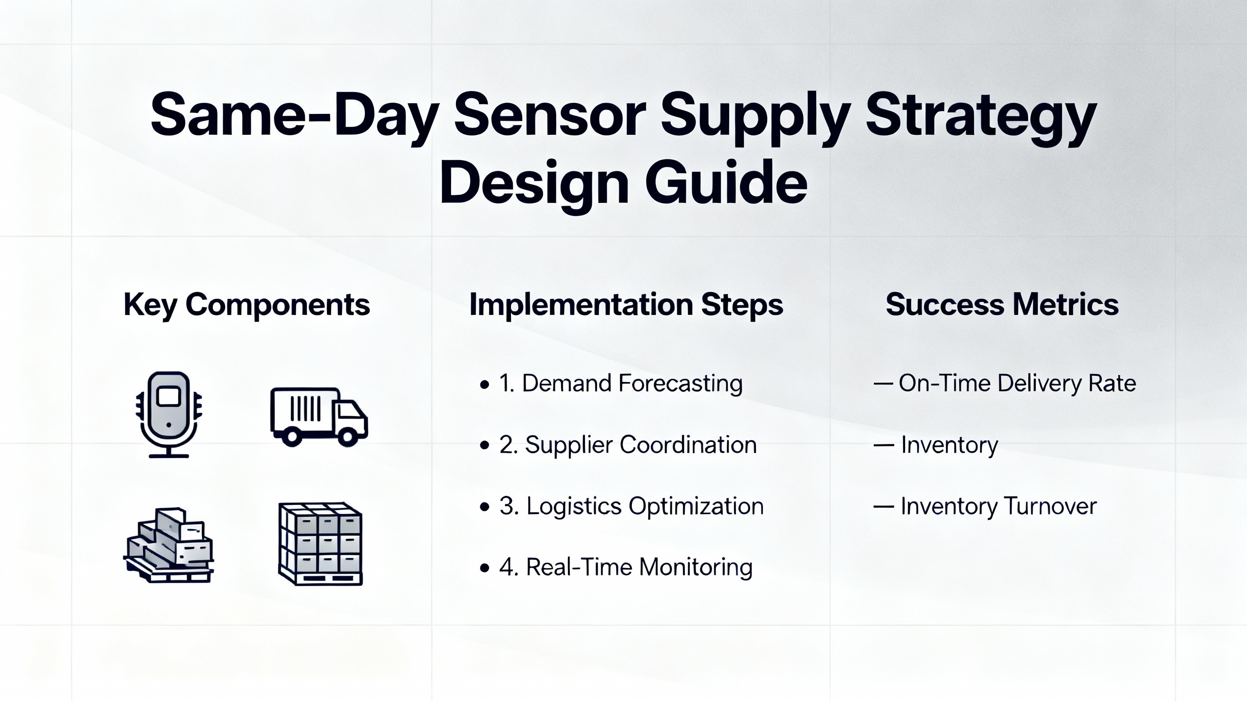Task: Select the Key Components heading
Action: [x=246, y=305]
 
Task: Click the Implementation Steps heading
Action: [x=626, y=305]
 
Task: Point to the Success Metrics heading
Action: [x=1002, y=305]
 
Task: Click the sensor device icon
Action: [x=169, y=415]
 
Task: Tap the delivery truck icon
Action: [x=319, y=417]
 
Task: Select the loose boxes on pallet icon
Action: [x=169, y=545]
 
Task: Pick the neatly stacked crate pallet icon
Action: [x=321, y=544]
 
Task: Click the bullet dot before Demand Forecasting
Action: [x=484, y=385]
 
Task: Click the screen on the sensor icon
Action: [x=169, y=397]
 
